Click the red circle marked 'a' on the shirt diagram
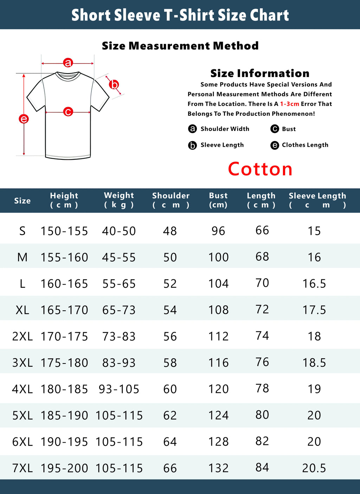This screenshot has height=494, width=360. tap(68, 63)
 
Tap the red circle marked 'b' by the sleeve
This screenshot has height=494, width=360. tap(114, 84)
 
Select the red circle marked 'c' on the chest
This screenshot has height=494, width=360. tap(68, 112)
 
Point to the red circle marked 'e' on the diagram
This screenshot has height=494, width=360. tap(24, 119)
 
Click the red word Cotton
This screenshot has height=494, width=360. tap(260, 169)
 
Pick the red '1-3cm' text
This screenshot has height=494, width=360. tap(289, 104)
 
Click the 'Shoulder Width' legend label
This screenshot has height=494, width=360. tap(225, 129)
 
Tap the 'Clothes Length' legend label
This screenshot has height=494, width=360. tap(305, 145)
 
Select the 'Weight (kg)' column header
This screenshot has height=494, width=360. tap(119, 200)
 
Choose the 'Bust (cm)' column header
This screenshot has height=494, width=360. tap(218, 200)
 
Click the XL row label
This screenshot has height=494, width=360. tap(22, 310)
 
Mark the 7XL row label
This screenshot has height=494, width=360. tap(22, 468)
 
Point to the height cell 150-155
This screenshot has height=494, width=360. tap(64, 231)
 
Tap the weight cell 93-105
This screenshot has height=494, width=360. tap(119, 389)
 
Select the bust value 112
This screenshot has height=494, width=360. tap(218, 336)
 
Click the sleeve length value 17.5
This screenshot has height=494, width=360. tap(314, 310)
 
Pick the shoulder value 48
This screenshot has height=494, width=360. tap(170, 231)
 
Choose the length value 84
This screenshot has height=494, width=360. tap(262, 468)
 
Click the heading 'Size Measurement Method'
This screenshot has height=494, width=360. tap(180, 46)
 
